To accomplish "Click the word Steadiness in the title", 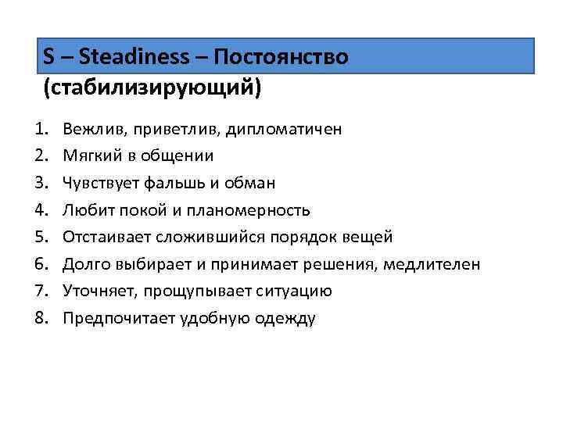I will tap(134, 57).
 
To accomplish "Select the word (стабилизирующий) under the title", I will tap(152, 87).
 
